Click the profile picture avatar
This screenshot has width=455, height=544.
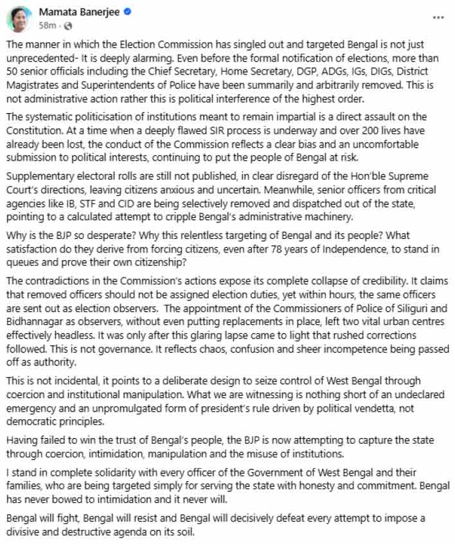(x=19, y=19)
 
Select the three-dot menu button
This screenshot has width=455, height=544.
(x=438, y=17)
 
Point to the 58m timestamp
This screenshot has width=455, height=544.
(x=47, y=26)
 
